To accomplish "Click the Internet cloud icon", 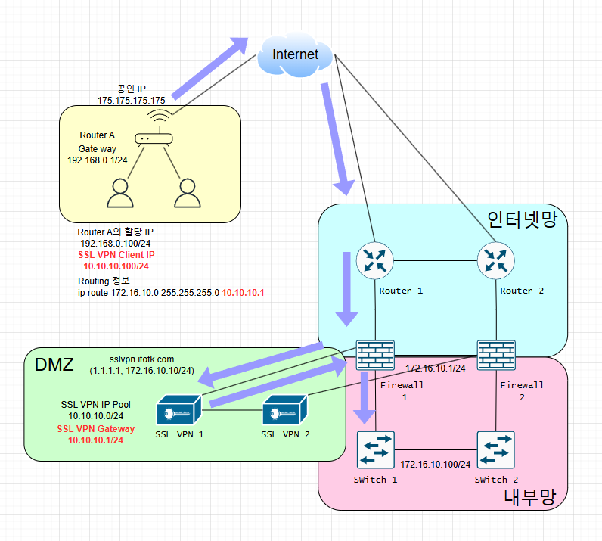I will tap(295, 54).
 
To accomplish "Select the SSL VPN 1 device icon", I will tap(178, 412).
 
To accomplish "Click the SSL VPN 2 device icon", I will tap(284, 412).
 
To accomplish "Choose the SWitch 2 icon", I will tap(496, 451).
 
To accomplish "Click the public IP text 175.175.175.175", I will tap(132, 100).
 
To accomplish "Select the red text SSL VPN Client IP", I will tap(116, 255).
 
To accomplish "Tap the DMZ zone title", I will tap(54, 365).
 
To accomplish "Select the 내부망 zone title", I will tap(529, 497).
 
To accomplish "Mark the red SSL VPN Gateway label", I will tap(96, 429).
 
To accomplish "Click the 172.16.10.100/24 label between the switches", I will tap(436, 463).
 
